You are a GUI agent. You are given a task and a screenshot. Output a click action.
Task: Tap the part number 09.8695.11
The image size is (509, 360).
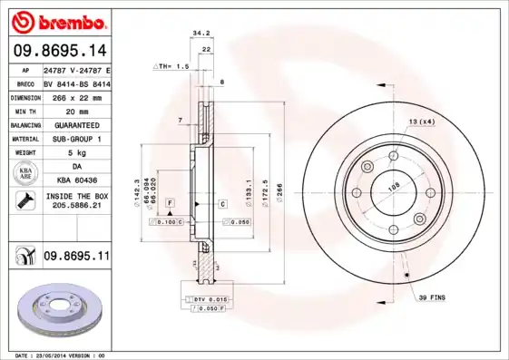75,257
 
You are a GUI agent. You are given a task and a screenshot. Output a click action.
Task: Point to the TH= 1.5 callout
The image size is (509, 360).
171,66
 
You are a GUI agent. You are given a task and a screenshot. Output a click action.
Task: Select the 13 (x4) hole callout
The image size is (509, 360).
421,122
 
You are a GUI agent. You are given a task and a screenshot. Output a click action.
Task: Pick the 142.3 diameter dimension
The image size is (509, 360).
135,191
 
